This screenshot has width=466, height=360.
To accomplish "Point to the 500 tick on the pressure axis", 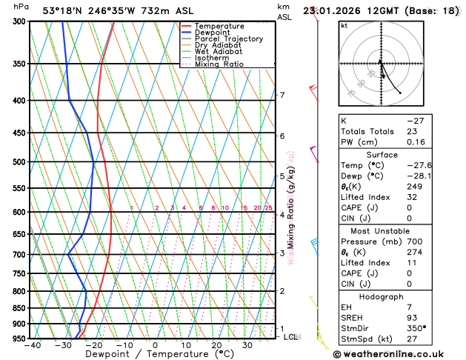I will (x=18, y=162).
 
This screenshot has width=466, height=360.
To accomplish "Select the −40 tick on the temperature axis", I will (x=32, y=345).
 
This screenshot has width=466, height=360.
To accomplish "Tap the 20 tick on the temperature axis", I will (x=216, y=345).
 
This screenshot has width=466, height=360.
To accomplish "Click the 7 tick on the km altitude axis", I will (x=282, y=95).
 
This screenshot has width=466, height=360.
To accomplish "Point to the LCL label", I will (x=291, y=337).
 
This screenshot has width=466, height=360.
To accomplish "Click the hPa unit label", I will (x=22, y=7).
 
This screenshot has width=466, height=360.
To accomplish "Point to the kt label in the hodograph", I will (x=344, y=25).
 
